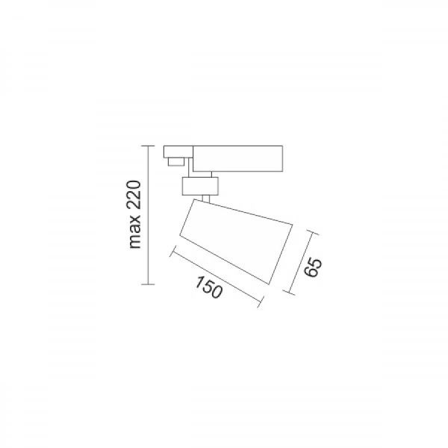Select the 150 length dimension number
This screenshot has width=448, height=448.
click(208, 287)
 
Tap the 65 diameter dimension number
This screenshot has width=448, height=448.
click(313, 268)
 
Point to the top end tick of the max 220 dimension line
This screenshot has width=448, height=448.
click(148, 146)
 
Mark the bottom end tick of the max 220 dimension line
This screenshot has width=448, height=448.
click(148, 284)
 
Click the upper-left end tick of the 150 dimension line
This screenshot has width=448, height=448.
click(172, 251)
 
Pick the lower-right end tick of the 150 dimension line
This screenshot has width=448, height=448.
click(260, 302)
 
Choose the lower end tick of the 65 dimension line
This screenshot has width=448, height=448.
click(289, 292)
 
